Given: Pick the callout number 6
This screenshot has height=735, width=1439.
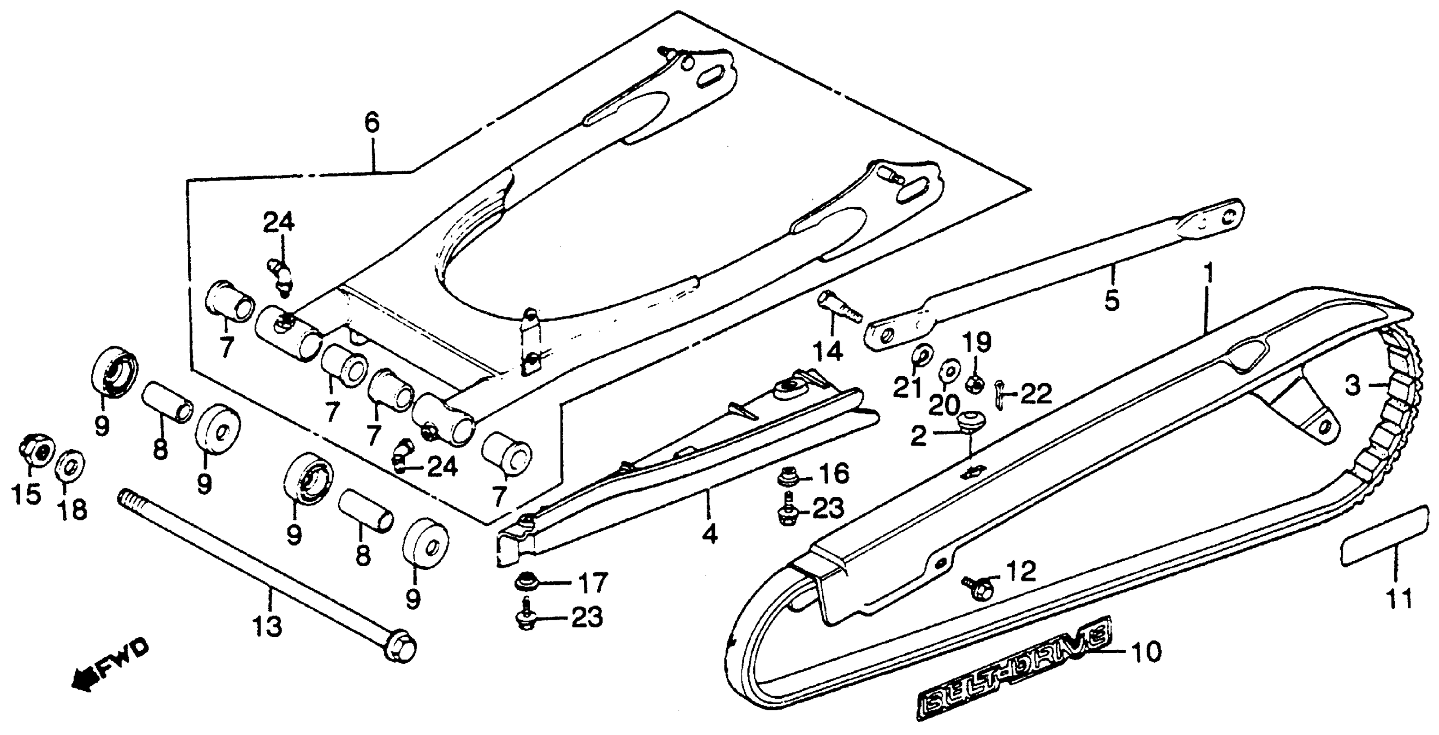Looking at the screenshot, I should (x=372, y=123).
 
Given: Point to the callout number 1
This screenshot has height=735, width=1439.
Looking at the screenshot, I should (x=1208, y=274).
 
